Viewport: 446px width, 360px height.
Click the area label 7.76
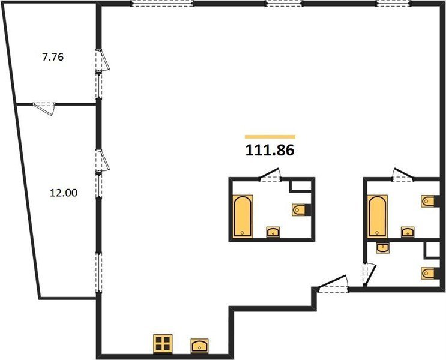coord(53,57)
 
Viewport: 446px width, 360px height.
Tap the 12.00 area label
coord(64,193)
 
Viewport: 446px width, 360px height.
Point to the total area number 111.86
coord(270,151)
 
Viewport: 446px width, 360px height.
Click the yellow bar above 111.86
coord(270,137)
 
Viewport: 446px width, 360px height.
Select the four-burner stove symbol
coord(163,344)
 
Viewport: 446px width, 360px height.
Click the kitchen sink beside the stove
coord(199,346)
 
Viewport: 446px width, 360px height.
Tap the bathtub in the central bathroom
coord(243,217)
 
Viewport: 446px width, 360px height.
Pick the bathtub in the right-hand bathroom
coord(377,217)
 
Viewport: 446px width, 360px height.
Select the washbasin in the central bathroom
coord(273,232)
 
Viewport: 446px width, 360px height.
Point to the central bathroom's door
coord(270,175)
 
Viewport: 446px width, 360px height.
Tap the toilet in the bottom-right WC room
coord(430,273)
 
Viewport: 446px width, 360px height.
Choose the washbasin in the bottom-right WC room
coord(382,248)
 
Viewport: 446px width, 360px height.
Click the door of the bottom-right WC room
coord(369,274)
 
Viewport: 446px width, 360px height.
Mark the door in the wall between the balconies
coord(44,109)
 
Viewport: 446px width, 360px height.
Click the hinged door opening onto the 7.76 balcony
coord(102,60)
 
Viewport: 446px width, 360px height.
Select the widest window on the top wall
coord(163,4)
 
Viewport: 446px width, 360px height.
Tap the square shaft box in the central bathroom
coord(301,186)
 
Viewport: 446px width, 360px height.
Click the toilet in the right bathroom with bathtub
coord(430,201)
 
